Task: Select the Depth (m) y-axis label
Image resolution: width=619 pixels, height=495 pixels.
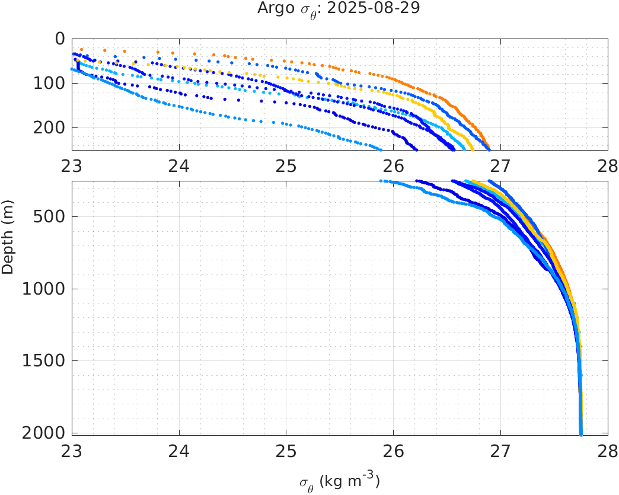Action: pos(8,243)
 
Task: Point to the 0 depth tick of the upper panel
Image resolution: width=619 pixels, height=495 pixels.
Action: pos(60,39)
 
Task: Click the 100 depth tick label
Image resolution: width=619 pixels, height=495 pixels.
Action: pos(50,83)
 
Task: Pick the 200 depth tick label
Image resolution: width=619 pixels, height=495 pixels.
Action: pos(50,127)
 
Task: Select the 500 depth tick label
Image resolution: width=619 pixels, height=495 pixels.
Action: pos(50,216)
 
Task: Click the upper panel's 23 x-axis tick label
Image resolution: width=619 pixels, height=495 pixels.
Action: pos(72,167)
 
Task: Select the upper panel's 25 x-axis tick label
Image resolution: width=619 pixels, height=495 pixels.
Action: pos(286,167)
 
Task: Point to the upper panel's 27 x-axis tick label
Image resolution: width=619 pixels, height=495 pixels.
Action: pos(500,167)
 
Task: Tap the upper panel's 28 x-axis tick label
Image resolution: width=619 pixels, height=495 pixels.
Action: pos(607,167)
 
